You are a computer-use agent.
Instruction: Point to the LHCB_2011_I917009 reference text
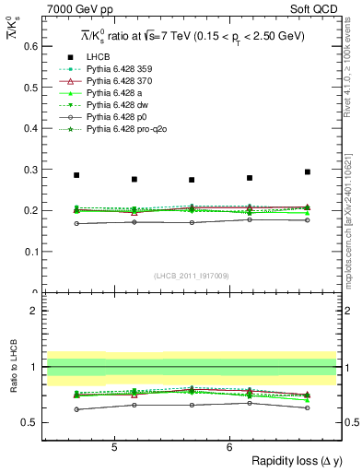[191, 275]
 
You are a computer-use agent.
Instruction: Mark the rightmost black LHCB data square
[308, 172]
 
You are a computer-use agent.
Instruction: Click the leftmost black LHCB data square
[76, 175]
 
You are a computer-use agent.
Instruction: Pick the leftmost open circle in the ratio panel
[76, 409]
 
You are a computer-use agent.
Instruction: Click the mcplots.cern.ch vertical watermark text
[354, 212]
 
